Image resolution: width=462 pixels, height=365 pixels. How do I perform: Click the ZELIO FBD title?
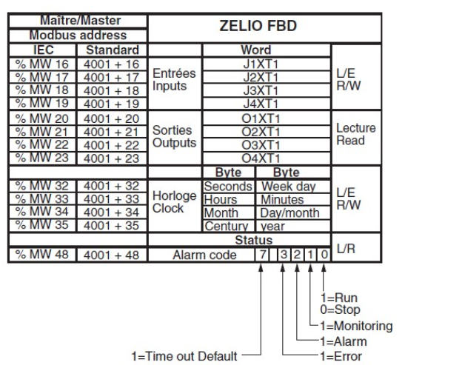click(266, 28)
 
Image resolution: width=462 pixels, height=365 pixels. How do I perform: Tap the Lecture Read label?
click(355, 133)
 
